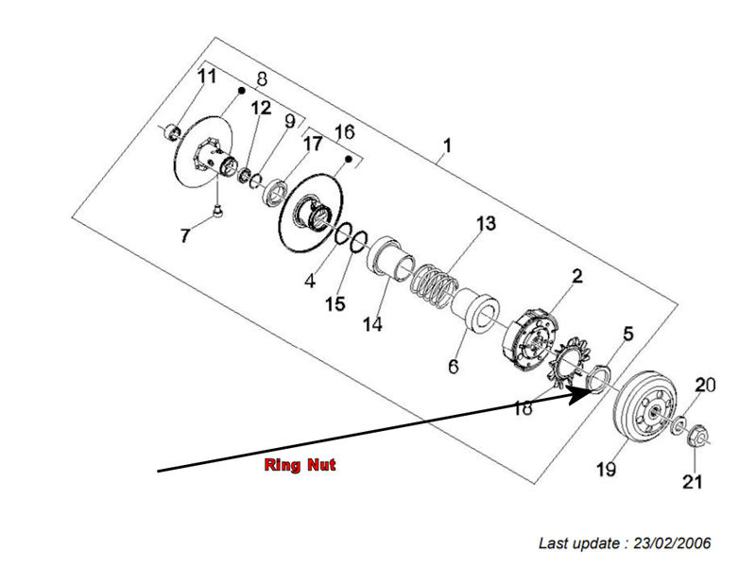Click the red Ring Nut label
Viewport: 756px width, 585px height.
click(x=299, y=465)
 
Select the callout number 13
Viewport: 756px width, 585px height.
click(x=485, y=224)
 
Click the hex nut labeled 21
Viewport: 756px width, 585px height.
click(x=695, y=438)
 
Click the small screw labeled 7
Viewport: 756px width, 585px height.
click(x=216, y=211)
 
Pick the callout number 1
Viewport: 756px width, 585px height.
click(x=447, y=146)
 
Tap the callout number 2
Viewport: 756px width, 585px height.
click(x=576, y=276)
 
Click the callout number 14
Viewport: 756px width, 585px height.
click(x=374, y=324)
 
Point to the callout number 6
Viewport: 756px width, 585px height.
click(x=454, y=366)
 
